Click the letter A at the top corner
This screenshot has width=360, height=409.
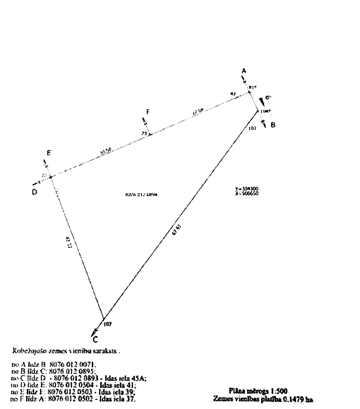(244, 71)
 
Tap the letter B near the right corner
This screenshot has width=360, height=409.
(273, 125)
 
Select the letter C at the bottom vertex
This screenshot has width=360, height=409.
(95, 339)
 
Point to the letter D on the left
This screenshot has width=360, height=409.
(34, 192)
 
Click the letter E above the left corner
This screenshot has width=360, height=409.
(49, 153)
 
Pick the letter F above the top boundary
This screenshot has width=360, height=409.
(148, 112)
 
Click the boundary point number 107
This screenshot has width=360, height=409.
(108, 324)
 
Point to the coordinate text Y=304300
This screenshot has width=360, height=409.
(247, 189)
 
